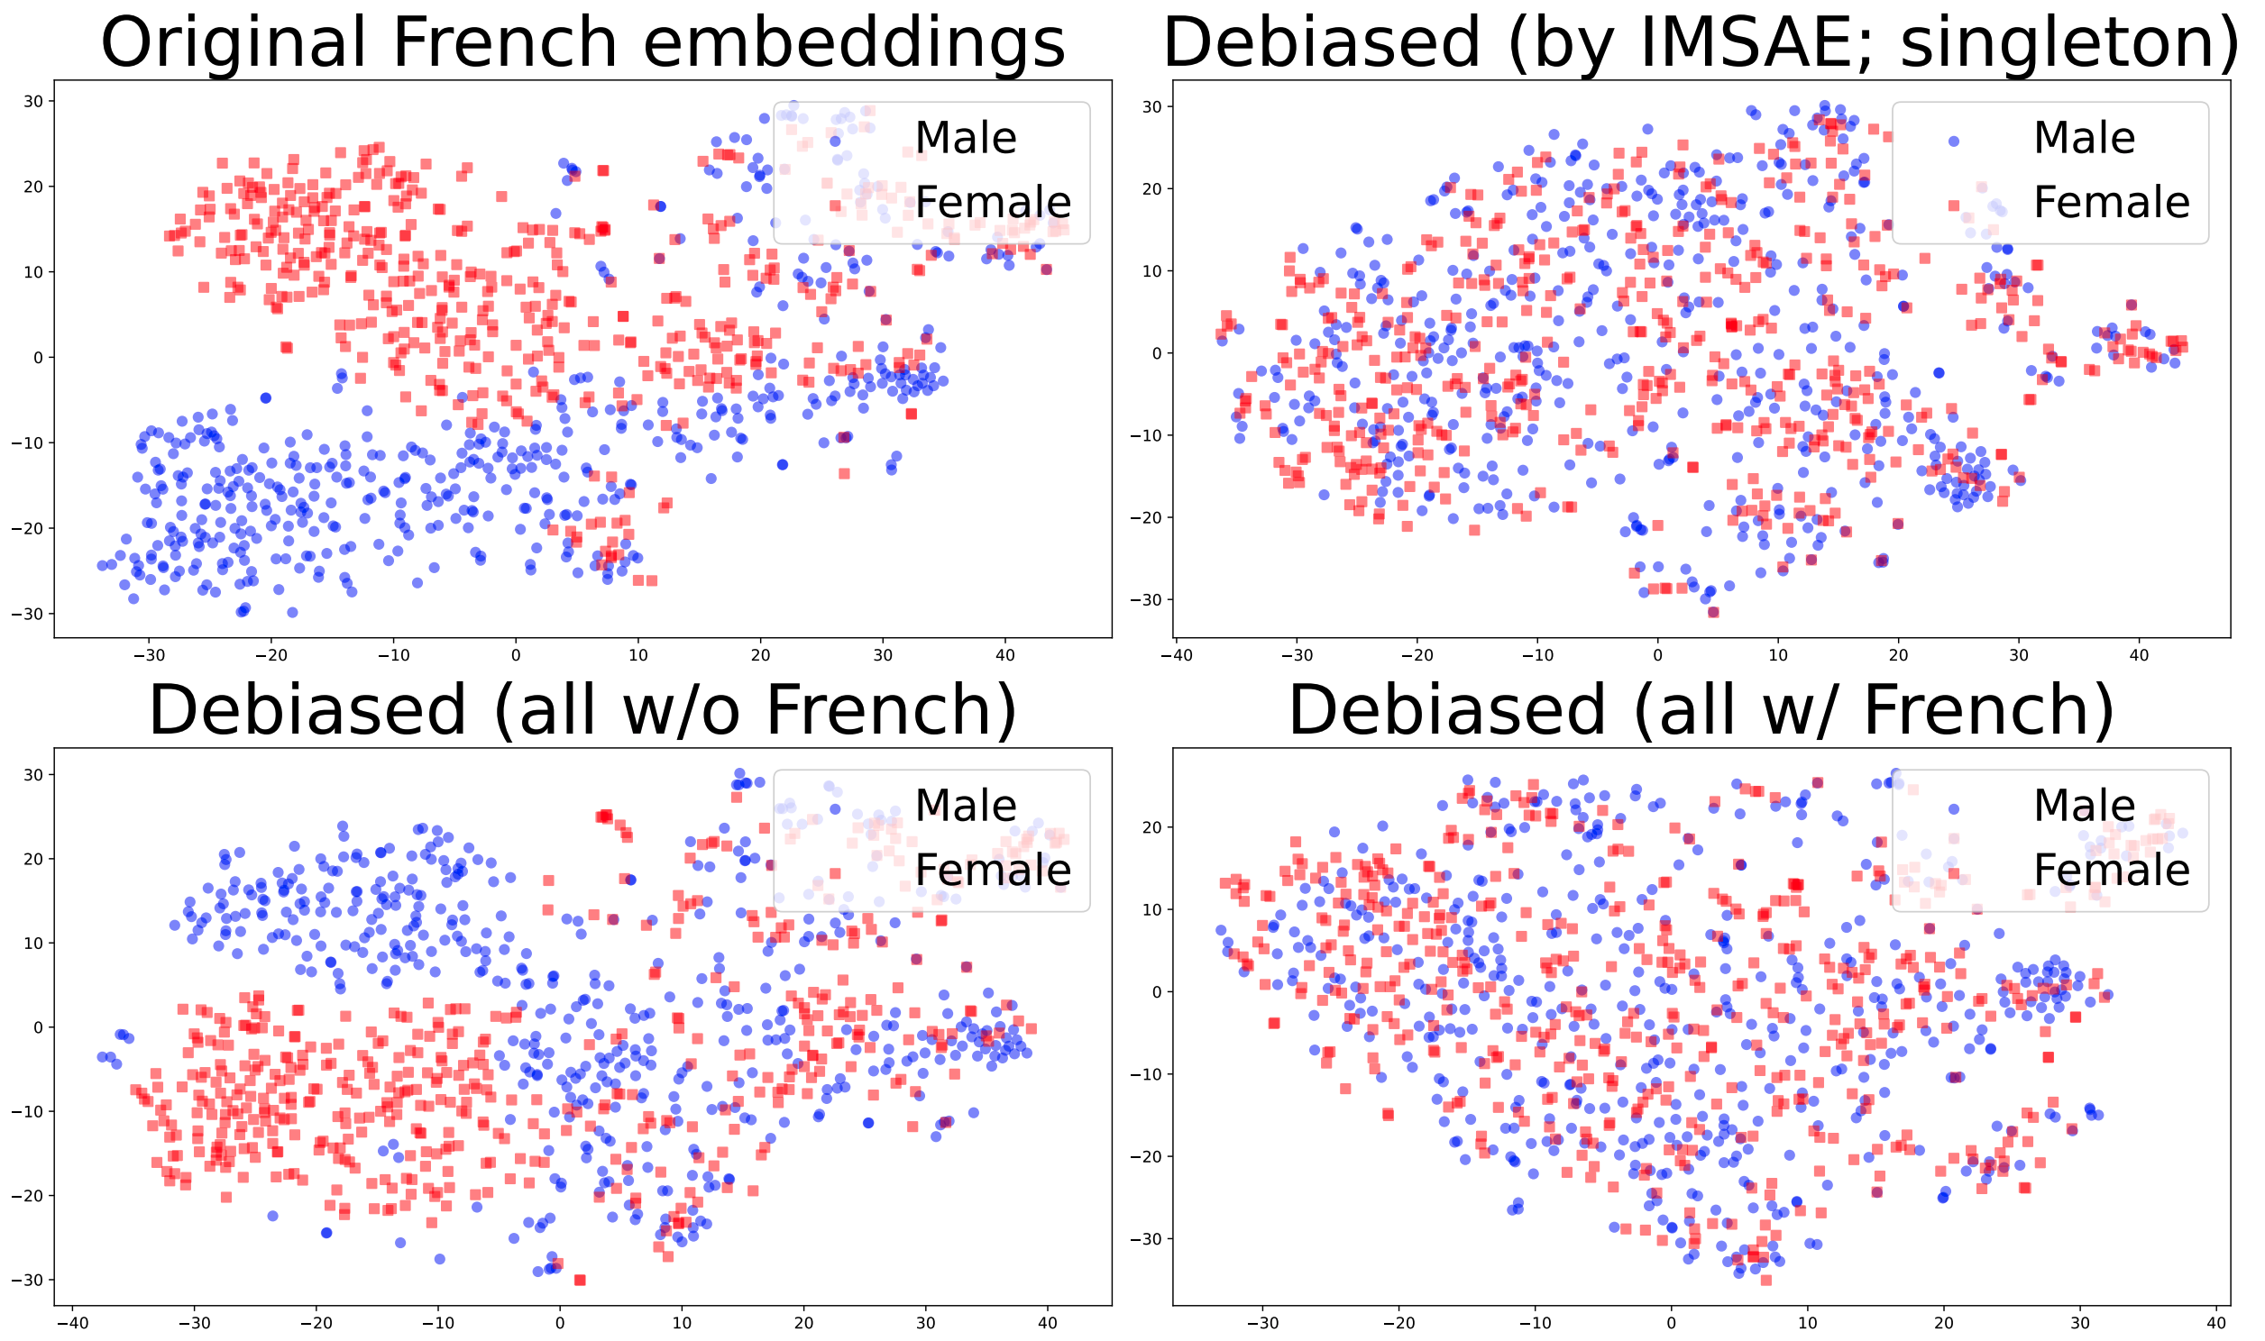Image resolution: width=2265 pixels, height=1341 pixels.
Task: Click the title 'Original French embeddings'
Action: tap(583, 42)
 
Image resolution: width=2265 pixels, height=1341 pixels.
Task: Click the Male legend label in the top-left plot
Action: tap(966, 138)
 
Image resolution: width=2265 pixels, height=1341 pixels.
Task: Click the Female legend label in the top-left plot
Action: tap(993, 203)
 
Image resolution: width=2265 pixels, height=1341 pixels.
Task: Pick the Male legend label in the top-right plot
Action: tap(2085, 138)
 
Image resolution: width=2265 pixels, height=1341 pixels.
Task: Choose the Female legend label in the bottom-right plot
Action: tap(2112, 871)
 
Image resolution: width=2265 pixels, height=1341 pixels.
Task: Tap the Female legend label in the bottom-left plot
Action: tap(993, 871)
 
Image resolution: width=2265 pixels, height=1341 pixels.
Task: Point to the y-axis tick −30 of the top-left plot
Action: tap(28, 615)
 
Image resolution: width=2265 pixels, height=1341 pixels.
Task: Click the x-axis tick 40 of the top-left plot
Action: tap(1005, 655)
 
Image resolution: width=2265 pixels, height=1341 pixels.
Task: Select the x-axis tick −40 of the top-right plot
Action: tap(1176, 655)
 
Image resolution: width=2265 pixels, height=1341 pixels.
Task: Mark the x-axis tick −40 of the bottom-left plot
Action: tap(72, 1324)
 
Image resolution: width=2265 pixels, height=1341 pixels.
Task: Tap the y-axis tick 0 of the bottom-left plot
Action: tap(38, 1027)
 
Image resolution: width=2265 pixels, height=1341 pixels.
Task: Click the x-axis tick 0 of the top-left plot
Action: tap(516, 655)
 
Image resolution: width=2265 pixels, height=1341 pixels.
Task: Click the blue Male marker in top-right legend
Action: tap(1953, 141)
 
